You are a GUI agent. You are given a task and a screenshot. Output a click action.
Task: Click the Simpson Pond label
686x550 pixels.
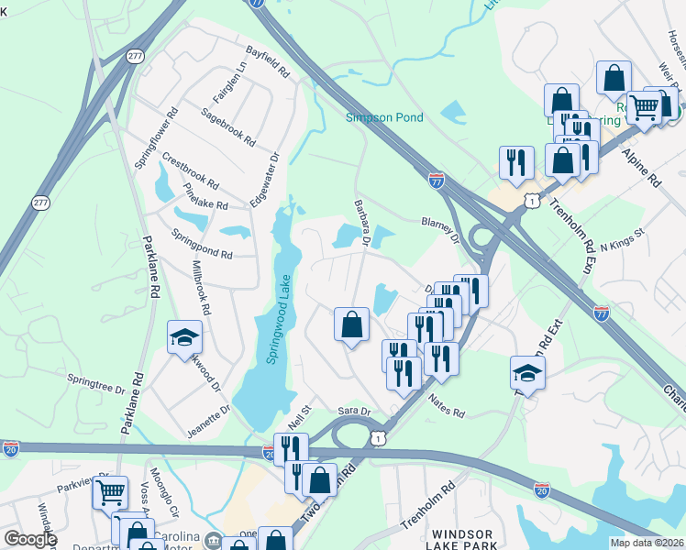tap(384, 117)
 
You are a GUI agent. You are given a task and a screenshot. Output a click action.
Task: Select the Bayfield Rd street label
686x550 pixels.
tap(267, 61)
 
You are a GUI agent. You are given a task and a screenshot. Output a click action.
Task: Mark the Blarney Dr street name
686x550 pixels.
tap(439, 229)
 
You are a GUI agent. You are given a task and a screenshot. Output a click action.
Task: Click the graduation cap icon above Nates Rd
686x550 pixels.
tap(528, 371)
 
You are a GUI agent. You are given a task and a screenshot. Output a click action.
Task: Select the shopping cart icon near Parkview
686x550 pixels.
tap(110, 491)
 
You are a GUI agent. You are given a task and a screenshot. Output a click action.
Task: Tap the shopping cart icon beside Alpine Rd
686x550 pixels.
tap(645, 107)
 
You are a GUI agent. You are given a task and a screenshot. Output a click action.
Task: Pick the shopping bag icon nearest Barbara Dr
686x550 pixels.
tap(352, 324)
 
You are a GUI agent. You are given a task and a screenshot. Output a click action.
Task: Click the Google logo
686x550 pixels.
tap(30, 539)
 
